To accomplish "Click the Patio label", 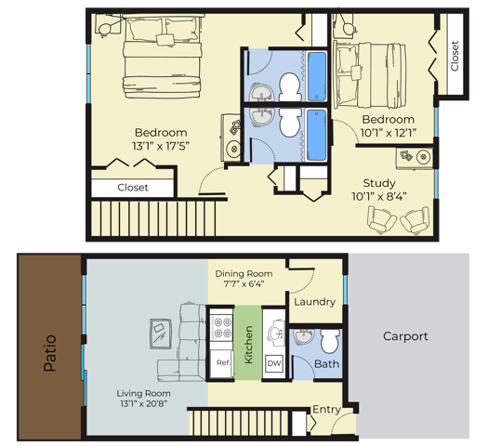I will coord(50,353).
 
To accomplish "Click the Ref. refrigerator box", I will coord(222,362).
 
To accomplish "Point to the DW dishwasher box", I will coord(273,362).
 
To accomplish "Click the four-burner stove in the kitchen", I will coord(223,328).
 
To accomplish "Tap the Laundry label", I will coord(313,301).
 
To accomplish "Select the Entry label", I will coord(326,410).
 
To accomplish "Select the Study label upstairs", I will coord(379,183).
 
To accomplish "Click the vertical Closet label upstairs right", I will coord(454,56).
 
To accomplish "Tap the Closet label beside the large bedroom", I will coord(132,188).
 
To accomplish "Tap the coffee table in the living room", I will coord(159,331).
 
